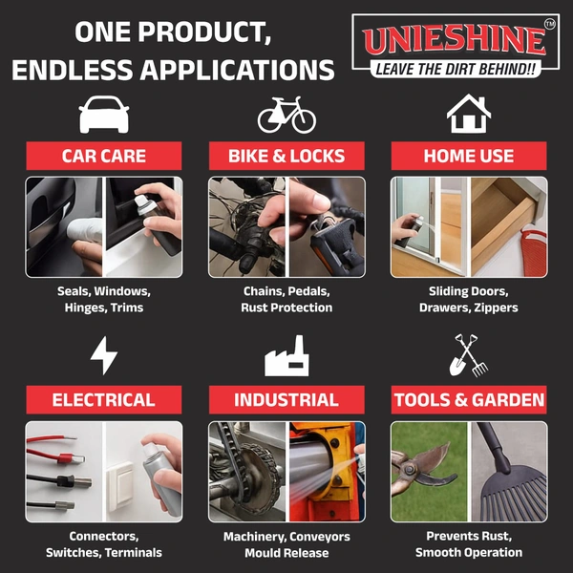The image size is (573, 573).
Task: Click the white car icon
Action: point(104,115)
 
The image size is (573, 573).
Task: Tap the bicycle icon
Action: point(286,115)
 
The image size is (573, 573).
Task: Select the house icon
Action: point(469,114)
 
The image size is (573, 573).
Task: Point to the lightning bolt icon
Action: point(104,355)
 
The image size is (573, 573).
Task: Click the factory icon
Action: point(286,356)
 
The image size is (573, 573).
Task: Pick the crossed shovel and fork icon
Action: point(469,355)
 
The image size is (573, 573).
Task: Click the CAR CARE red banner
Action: point(104,156)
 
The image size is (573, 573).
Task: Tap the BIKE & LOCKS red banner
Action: point(286,156)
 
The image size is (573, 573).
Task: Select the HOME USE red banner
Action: point(469,156)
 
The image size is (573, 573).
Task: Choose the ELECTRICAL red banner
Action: point(104,399)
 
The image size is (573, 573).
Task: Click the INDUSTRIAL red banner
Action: point(286,399)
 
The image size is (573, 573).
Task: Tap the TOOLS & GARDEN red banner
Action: point(469,399)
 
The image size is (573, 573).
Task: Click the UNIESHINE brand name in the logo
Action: point(455,41)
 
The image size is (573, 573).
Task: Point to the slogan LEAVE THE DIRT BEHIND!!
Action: point(456,69)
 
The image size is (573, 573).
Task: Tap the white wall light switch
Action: point(120,486)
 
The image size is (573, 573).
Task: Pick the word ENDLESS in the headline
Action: point(72,70)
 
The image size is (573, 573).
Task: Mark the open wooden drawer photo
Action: point(508,226)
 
